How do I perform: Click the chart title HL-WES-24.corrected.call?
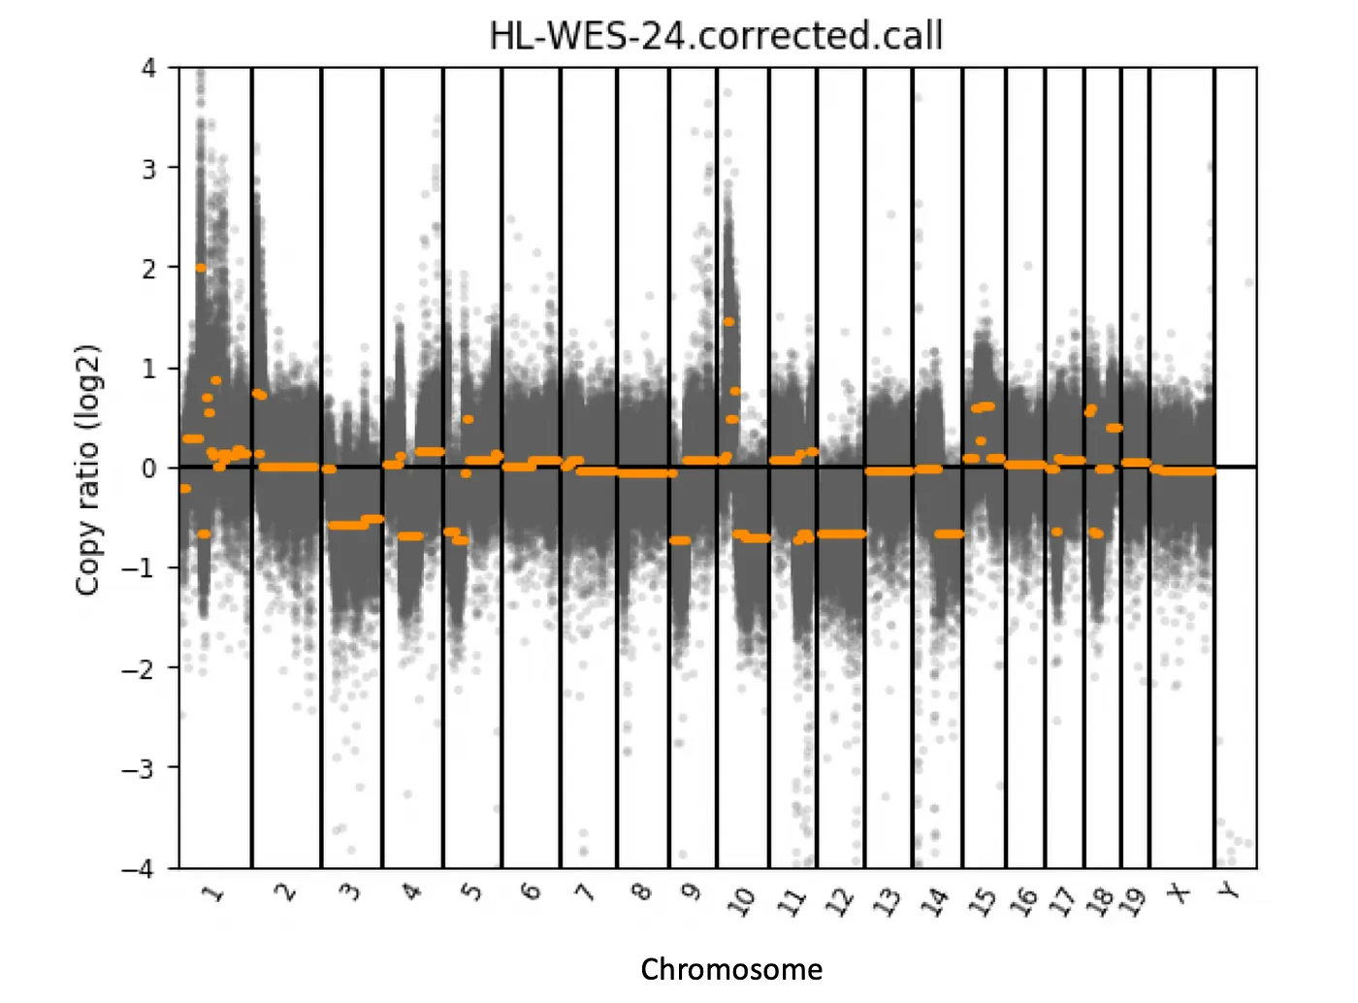click(716, 36)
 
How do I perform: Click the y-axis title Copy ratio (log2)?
click(88, 469)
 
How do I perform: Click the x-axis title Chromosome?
click(731, 969)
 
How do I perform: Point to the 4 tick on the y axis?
click(148, 68)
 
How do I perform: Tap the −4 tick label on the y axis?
click(139, 868)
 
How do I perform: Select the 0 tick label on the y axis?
click(148, 469)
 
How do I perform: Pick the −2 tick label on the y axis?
click(139, 668)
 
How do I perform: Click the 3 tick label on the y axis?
click(148, 169)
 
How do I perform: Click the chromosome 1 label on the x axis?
click(214, 891)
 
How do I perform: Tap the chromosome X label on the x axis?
click(1180, 891)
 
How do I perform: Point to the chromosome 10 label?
click(742, 901)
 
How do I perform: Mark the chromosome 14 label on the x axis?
click(934, 901)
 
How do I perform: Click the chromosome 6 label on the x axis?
click(530, 890)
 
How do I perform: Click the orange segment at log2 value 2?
click(201, 268)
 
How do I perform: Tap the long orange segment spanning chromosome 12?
click(841, 534)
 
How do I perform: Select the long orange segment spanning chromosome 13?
click(889, 471)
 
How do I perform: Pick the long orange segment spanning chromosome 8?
click(642, 473)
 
